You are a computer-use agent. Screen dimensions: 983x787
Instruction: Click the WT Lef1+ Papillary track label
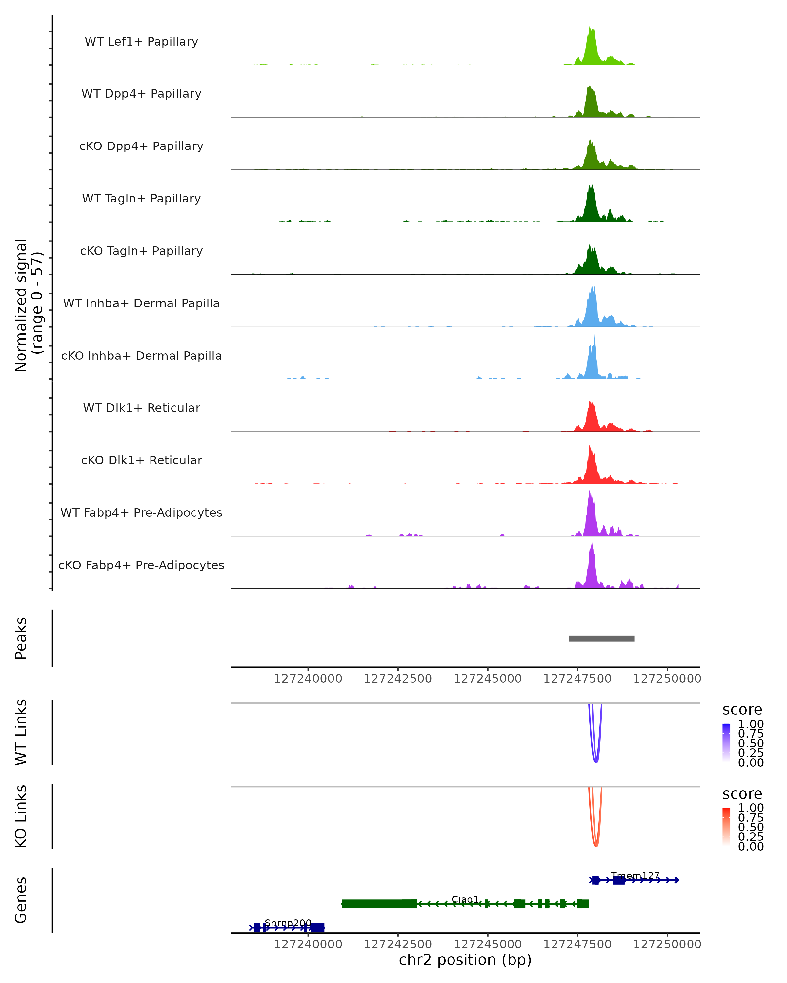[141, 42]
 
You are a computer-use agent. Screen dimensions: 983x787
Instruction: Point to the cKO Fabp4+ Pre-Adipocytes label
[141, 565]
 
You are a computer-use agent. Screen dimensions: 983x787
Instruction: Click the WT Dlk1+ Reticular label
[141, 408]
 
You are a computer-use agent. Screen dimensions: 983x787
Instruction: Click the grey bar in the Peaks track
[601, 638]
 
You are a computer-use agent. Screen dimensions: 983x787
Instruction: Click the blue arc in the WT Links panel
[596, 761]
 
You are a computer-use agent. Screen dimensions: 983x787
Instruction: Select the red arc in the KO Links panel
[596, 846]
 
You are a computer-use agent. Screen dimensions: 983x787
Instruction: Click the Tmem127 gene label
[635, 876]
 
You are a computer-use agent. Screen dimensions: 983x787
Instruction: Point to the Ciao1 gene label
[465, 899]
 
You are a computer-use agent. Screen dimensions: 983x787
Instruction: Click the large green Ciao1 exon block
[379, 904]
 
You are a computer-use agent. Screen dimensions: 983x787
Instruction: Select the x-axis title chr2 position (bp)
[465, 960]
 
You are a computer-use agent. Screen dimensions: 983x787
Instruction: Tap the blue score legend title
[742, 710]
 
